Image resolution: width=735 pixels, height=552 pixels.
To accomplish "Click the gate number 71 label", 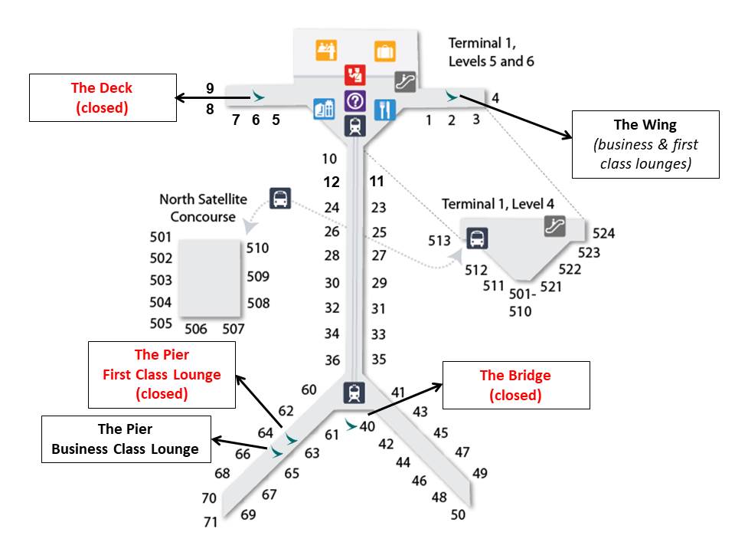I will [210, 522].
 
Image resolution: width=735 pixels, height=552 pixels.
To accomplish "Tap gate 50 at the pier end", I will [458, 514].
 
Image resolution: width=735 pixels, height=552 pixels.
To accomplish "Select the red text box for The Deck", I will [103, 97].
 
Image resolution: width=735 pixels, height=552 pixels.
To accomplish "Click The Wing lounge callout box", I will [645, 144].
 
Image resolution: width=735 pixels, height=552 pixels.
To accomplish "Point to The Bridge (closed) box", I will [515, 385].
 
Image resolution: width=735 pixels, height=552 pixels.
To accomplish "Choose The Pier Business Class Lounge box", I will [125, 439].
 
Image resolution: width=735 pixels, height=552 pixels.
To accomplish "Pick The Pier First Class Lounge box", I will [162, 374].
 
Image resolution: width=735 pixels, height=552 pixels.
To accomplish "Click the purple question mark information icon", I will [354, 100].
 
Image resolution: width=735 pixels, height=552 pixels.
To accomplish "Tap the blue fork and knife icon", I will [384, 110].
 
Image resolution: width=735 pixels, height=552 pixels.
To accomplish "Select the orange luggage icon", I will [384, 51].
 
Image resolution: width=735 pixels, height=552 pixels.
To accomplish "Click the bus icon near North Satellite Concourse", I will [281, 199].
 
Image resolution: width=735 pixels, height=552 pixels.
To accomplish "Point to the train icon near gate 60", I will [354, 393].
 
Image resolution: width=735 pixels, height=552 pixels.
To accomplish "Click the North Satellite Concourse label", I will [203, 208].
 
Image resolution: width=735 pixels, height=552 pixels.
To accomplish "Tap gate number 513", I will [439, 241].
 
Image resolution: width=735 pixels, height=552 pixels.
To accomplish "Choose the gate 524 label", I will [603, 234].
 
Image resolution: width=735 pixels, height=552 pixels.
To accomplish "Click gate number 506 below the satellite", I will [196, 329].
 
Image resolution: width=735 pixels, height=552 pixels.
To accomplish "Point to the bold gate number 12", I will [331, 182].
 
